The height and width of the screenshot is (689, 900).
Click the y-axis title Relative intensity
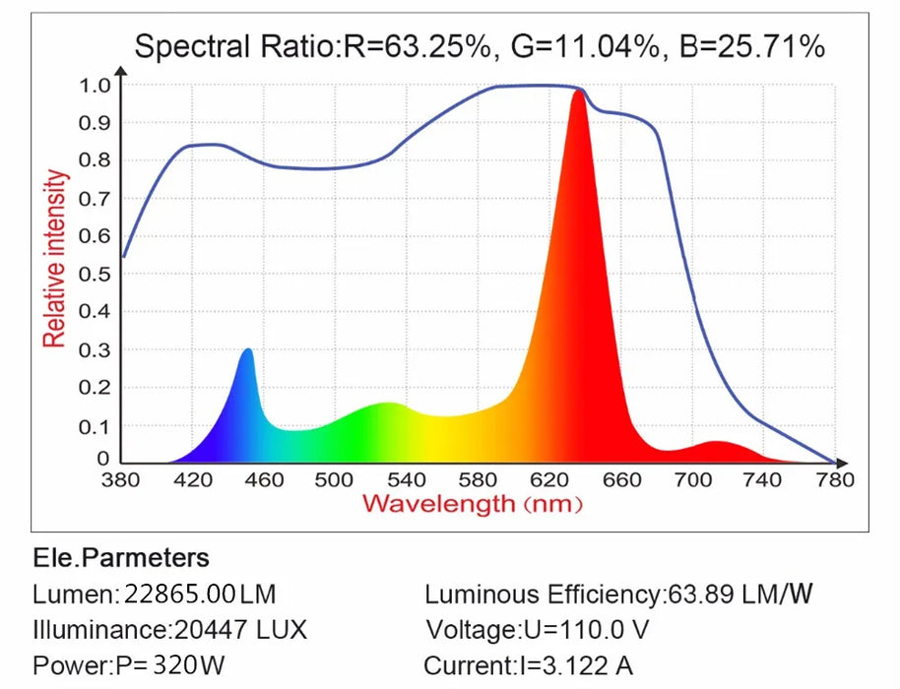(55, 258)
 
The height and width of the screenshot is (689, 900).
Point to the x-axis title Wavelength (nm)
(473, 504)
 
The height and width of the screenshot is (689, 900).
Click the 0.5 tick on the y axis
(95, 274)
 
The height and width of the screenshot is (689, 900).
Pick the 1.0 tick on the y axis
(95, 85)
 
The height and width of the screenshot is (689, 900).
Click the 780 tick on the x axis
(835, 480)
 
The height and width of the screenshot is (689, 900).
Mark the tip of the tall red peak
(578, 93)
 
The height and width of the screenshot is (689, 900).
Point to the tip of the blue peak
(247, 350)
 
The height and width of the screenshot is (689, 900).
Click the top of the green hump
(389, 404)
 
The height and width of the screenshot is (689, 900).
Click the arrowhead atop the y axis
(122, 71)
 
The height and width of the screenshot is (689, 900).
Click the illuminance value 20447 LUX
(240, 630)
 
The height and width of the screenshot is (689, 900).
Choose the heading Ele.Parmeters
(121, 558)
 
